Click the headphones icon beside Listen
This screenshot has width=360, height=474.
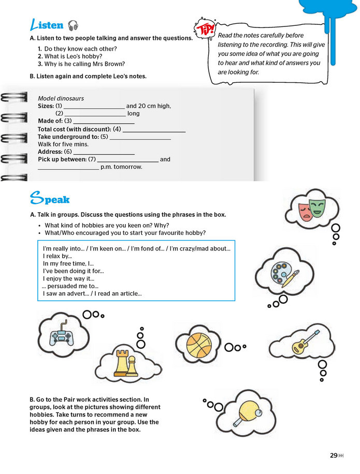pos(73,25)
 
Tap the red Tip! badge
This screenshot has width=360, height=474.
pos(205,28)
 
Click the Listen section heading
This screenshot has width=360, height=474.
pos(47,25)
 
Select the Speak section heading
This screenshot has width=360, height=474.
pos(50,199)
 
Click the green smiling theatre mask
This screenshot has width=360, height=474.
pos(316,207)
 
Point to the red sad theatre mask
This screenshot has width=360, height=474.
pos(305,212)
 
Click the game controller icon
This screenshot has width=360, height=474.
pos(62,334)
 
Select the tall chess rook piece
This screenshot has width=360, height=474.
pos(121,363)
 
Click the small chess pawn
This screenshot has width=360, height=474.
pos(132,366)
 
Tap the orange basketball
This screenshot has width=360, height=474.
pos(199,345)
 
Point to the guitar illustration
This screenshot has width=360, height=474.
pos(305,343)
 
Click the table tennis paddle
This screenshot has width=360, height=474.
pos(247,413)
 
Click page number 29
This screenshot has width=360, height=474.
pos(334,455)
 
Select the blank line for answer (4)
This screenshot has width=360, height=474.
pos(154,132)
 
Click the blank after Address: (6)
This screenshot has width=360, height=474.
pos(104,154)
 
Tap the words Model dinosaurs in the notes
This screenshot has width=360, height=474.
pos(61,98)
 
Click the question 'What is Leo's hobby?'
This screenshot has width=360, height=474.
pos(73,56)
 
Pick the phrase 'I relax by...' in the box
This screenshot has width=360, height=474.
pos(57,256)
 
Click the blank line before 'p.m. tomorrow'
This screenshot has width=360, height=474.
pos(68,169)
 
